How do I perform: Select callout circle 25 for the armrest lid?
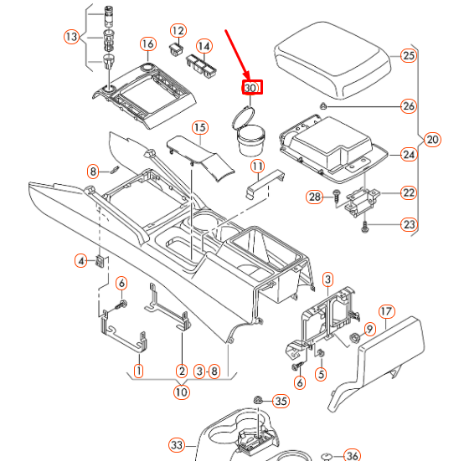408,56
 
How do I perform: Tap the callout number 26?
408,106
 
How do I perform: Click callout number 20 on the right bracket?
432,140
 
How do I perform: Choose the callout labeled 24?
408,154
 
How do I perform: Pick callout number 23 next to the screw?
408,224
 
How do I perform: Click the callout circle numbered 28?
314,197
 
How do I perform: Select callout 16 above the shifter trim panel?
147,44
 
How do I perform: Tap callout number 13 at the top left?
71,37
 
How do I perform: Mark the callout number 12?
178,30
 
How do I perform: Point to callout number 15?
198,127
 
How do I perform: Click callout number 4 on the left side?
81,261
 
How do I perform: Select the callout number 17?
385,311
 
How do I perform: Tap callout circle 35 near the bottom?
281,402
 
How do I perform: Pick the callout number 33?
176,444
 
